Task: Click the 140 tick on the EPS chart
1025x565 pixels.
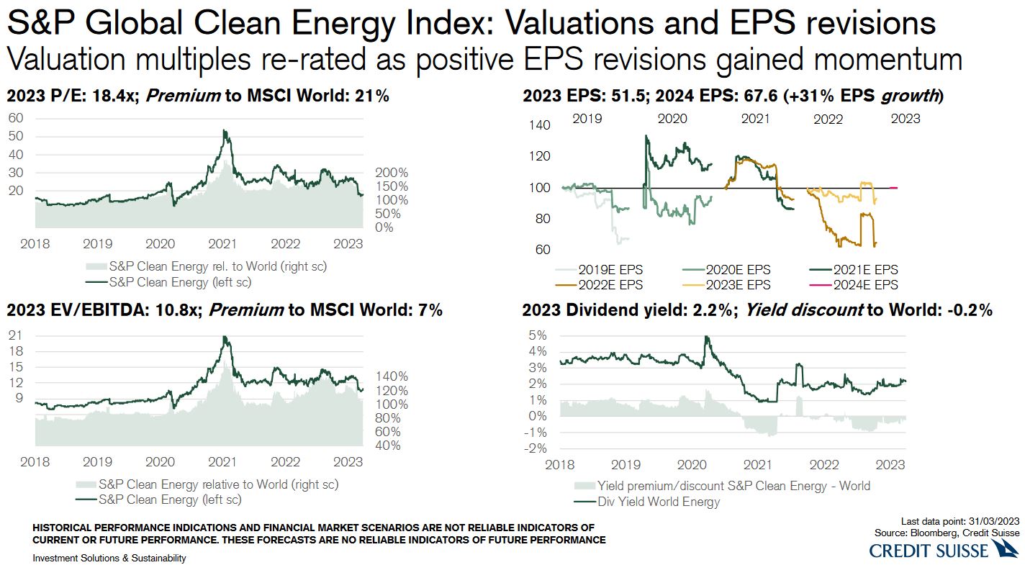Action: (x=539, y=125)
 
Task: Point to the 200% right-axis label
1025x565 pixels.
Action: (x=392, y=173)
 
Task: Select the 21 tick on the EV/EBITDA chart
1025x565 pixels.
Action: (x=14, y=335)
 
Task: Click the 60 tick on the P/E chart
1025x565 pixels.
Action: (x=16, y=117)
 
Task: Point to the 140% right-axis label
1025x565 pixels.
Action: (x=392, y=376)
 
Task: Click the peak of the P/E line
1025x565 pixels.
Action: (x=225, y=131)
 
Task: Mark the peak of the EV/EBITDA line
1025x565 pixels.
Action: (x=225, y=337)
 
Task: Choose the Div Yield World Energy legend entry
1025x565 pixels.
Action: (x=657, y=502)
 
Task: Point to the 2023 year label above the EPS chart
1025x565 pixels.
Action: (x=905, y=118)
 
